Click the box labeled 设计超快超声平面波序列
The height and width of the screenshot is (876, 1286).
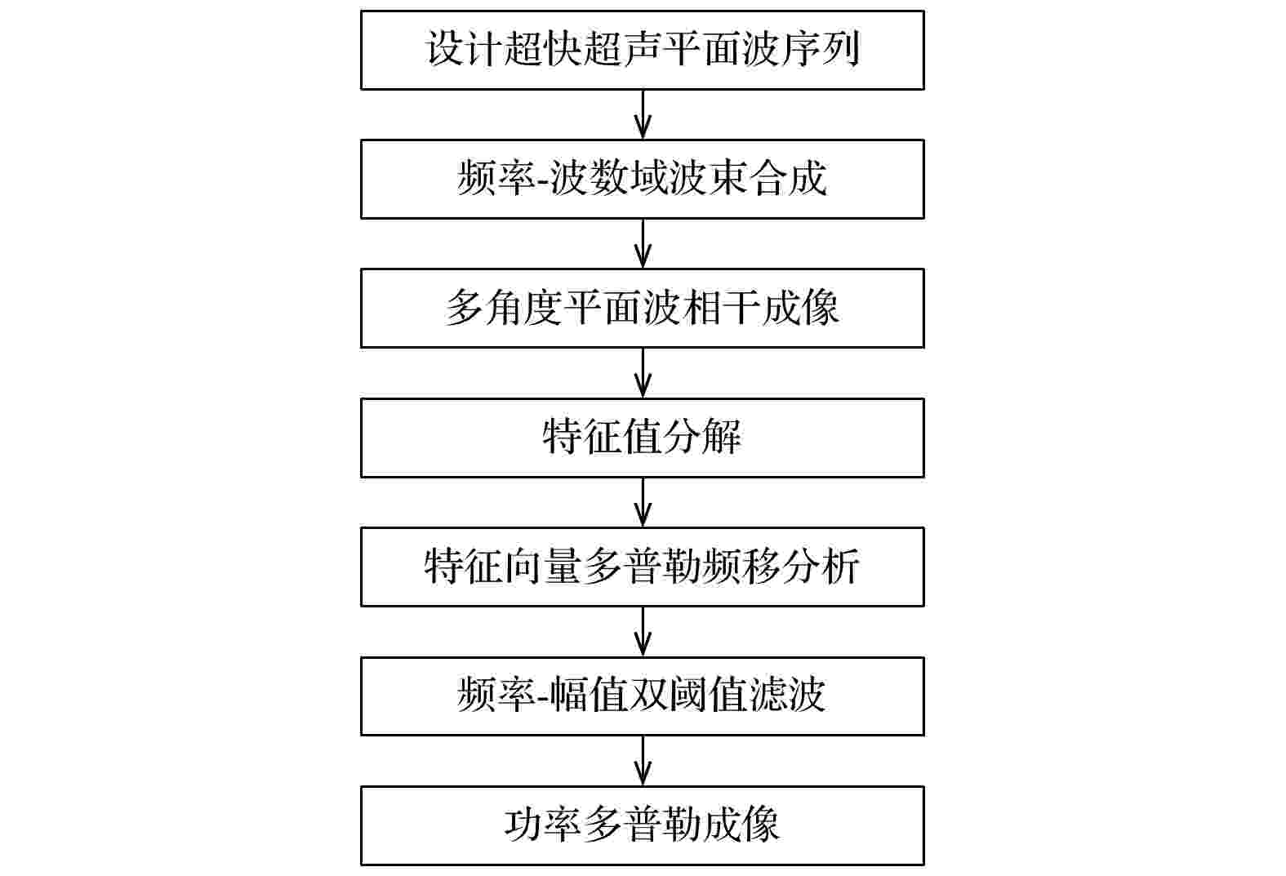click(x=643, y=50)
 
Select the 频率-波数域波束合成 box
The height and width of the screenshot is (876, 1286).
click(x=643, y=179)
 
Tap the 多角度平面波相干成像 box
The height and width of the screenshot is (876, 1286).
click(x=643, y=309)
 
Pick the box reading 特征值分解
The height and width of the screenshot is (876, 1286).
click(x=643, y=438)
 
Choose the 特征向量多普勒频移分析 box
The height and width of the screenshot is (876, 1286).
click(x=643, y=567)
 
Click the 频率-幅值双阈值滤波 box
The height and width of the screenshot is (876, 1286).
click(x=643, y=696)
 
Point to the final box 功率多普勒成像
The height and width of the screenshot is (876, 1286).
click(x=643, y=825)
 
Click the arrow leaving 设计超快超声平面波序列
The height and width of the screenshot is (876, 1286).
click(x=643, y=114)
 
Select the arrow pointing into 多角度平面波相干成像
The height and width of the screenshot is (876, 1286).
click(x=643, y=243)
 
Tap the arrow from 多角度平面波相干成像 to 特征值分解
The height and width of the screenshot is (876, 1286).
click(x=643, y=372)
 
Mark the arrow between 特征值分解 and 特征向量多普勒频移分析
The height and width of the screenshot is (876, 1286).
click(x=643, y=502)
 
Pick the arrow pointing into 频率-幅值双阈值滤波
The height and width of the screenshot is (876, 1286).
click(x=643, y=631)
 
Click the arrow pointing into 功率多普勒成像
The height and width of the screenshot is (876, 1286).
click(x=643, y=761)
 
